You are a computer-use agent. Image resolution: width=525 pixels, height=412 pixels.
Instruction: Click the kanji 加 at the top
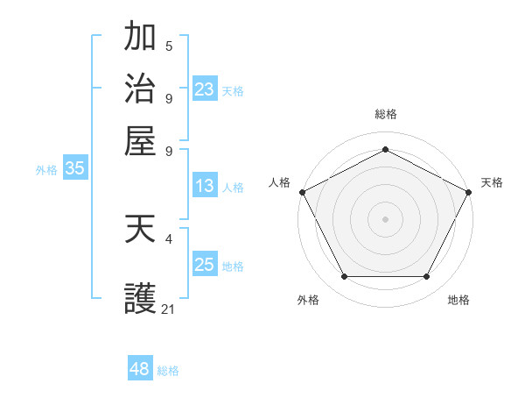[140, 38]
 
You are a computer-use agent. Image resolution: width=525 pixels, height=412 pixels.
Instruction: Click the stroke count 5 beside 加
[168, 46]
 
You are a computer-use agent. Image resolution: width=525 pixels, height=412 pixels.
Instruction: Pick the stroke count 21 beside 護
[169, 309]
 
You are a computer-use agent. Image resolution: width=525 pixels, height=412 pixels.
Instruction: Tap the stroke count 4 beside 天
[168, 238]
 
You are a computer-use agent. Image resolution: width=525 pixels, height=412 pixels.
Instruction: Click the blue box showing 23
[205, 89]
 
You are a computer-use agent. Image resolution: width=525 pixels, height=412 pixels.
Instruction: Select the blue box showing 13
[204, 186]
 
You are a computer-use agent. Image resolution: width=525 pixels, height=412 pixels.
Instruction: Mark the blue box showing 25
[204, 265]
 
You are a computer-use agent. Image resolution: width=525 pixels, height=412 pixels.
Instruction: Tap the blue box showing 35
[74, 169]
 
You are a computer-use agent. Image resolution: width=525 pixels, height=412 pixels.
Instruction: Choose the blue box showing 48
[140, 369]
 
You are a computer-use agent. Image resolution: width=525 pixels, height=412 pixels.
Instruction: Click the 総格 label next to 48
[168, 371]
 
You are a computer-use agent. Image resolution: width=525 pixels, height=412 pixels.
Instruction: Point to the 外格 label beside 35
[45, 171]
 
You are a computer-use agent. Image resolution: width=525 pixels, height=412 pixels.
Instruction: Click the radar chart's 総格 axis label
[385, 114]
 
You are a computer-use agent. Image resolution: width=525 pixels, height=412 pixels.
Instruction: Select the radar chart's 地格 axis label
[458, 300]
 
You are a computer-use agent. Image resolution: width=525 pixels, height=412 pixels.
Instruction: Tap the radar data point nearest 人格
[302, 191]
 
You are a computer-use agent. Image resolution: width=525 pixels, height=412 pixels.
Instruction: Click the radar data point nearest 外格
[344, 276]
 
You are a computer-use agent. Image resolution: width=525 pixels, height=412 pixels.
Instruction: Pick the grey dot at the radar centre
[385, 218]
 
